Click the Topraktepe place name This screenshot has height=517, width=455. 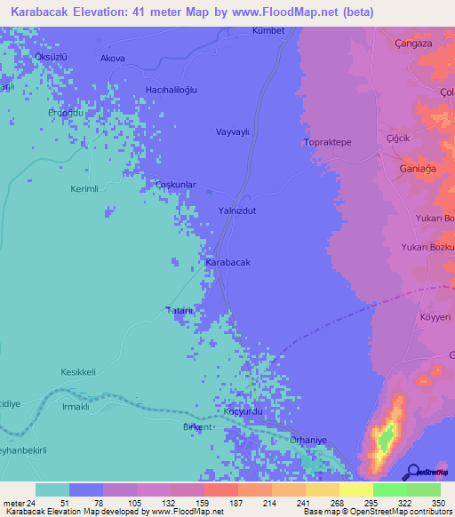coord(329,142)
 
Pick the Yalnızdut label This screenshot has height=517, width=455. coord(237,211)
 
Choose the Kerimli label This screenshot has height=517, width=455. coord(84,190)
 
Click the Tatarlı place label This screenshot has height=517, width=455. coord(178,310)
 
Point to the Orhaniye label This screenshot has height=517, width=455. coord(310,439)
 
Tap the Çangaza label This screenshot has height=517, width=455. coord(413,42)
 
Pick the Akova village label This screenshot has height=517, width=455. coord(113,59)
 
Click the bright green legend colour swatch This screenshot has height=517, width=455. coord(389,489)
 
